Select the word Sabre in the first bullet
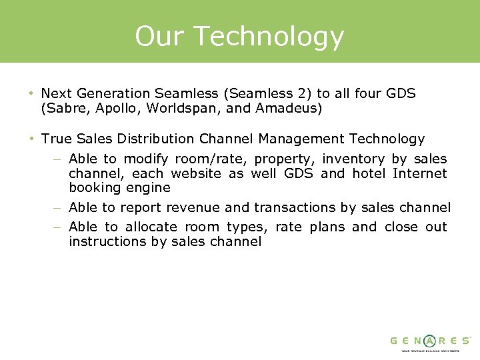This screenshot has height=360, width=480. pos(64,108)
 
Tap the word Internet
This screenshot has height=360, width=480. pos(419,173)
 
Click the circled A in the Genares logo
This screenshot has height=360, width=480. pos(430,341)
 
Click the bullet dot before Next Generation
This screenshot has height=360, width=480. pos(31,93)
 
